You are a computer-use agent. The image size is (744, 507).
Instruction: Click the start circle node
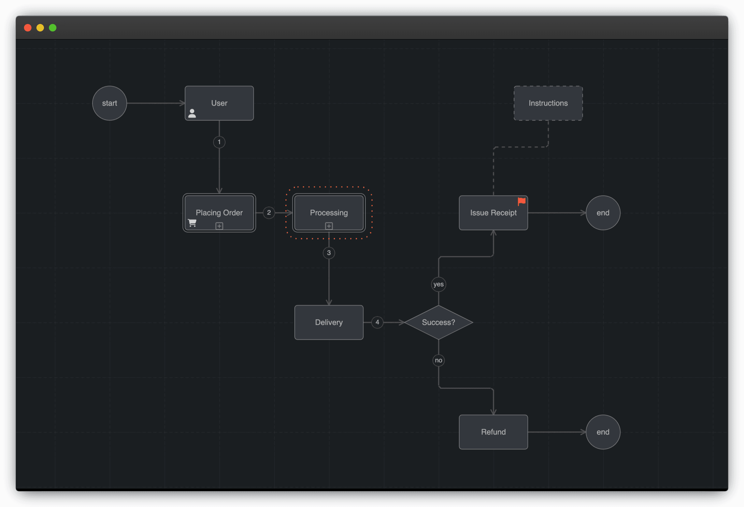coord(109,103)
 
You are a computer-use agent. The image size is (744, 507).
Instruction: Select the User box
coord(219,103)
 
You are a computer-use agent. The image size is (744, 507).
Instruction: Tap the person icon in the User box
coord(192,113)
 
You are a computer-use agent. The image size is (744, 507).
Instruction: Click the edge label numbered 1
coord(219,142)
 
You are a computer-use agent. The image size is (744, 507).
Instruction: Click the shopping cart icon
coord(192,223)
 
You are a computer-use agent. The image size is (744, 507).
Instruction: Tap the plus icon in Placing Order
coord(219,226)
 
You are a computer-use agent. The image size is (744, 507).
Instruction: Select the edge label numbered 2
coord(269,212)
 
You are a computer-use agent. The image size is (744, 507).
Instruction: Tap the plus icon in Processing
coord(329,226)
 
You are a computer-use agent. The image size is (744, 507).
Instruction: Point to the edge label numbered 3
coord(329,253)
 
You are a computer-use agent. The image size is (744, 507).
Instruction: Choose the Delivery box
coord(329,322)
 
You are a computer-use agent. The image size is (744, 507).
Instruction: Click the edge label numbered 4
coord(377,322)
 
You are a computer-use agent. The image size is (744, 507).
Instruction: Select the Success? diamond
coord(438,322)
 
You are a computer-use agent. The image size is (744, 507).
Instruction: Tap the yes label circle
coord(438,284)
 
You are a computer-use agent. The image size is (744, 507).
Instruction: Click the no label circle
coord(438,360)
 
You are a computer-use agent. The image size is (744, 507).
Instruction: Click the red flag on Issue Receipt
coord(522,201)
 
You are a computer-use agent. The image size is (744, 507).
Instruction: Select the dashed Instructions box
coord(548,103)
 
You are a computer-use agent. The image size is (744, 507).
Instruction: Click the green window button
coord(53,28)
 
